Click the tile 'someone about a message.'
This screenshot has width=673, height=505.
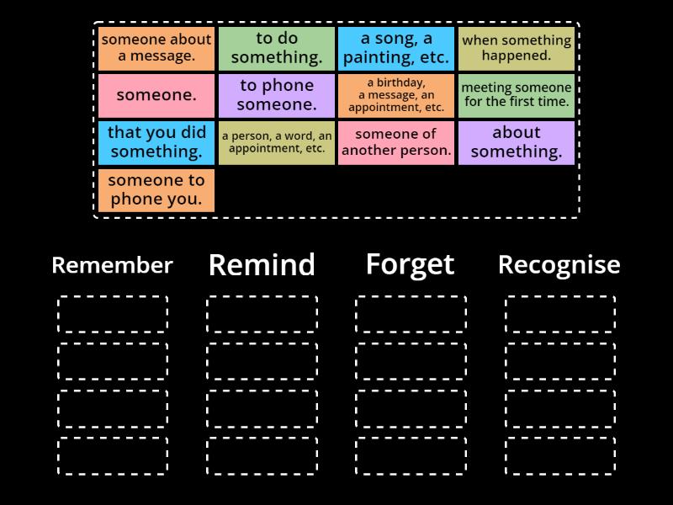(x=156, y=49)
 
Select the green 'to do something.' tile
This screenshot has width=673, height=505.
(x=277, y=49)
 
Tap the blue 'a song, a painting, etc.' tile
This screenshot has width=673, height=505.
(x=396, y=49)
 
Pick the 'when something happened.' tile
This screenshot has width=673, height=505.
(x=517, y=49)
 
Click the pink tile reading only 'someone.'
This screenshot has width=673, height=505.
(x=156, y=96)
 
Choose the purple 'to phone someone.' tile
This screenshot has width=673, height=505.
(x=277, y=96)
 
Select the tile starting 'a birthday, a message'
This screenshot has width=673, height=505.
(x=396, y=96)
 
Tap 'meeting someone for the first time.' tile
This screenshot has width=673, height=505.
(x=517, y=96)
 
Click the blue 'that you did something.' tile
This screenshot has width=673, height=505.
(x=156, y=143)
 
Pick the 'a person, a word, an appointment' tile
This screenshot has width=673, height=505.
(x=277, y=143)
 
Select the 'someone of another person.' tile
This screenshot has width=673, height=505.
(x=396, y=143)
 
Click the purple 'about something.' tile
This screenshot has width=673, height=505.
(x=517, y=143)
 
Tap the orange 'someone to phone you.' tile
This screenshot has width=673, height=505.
(x=156, y=190)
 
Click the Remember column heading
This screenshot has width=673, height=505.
(x=113, y=265)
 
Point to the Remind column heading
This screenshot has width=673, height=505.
(x=262, y=264)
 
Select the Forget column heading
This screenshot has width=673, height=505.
(x=411, y=265)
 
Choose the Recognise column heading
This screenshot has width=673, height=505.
(x=559, y=265)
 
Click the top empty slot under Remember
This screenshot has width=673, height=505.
(x=113, y=313)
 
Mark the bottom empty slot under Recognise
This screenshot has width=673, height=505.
(x=560, y=455)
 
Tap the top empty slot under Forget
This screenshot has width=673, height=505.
(x=411, y=313)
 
